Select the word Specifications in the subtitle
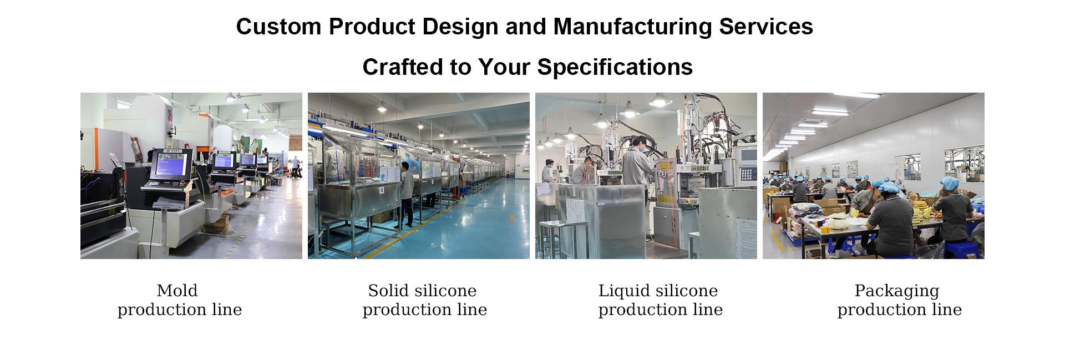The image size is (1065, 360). [x=615, y=68]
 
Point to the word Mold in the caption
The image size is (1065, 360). [x=177, y=291]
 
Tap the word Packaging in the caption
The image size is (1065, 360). [x=897, y=291]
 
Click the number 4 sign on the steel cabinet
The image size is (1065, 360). [x=382, y=190]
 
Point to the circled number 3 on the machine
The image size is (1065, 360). [x=663, y=172]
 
